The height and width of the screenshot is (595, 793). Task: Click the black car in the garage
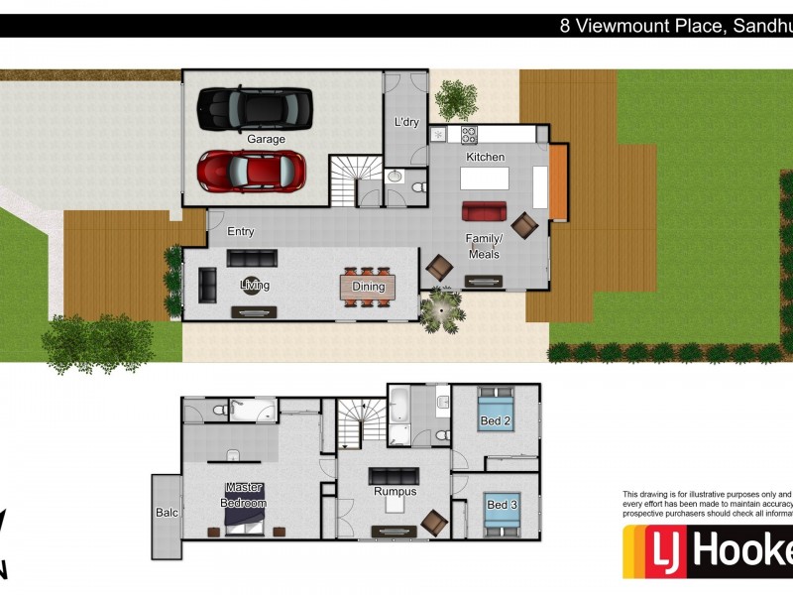coord(255,108)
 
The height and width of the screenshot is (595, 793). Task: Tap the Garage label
coord(266,140)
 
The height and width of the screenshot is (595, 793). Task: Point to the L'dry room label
coord(406,122)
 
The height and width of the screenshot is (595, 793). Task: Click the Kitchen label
coord(486,157)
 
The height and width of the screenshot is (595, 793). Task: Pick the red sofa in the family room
coord(484,211)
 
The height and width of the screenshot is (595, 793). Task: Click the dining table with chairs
coord(368,287)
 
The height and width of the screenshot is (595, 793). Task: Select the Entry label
coord(241,232)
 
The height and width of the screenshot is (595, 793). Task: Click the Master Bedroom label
coord(244,495)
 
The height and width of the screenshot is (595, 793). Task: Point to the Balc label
coord(167,513)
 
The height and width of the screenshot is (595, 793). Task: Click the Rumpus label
coord(394,491)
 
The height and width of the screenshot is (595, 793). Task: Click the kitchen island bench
coord(484,178)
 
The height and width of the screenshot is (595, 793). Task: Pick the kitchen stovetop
coord(469,133)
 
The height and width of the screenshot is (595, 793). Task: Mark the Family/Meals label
coord(485,246)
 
